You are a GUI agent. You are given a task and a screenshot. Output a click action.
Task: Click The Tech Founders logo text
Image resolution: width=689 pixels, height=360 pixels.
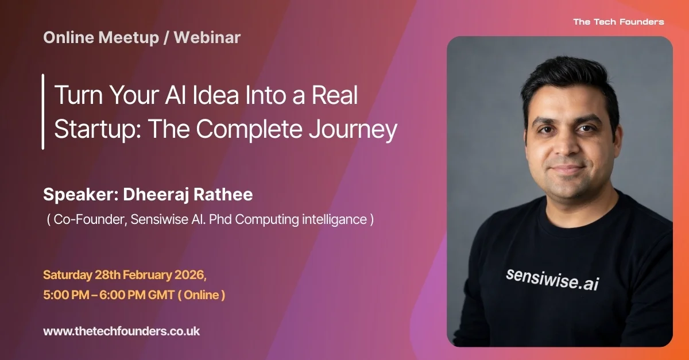coord(618,22)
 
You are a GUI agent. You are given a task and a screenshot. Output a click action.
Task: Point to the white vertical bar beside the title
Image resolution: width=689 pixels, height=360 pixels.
coord(43,111)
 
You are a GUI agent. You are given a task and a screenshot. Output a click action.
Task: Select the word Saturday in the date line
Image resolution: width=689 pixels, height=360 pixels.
coord(67,274)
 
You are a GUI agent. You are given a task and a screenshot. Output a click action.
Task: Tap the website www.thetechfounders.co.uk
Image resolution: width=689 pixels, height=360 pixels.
coord(121,331)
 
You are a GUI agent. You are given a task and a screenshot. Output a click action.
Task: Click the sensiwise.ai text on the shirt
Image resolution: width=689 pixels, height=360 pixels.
coord(552,278)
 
